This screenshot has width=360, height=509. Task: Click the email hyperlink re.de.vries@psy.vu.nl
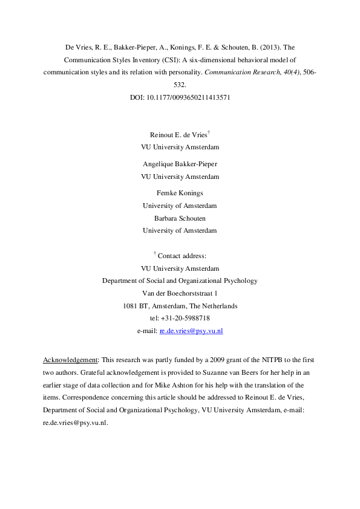click(191, 331)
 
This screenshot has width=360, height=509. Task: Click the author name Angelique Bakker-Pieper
click(180, 164)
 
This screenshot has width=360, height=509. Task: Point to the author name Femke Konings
click(180, 193)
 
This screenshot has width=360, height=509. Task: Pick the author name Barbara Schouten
click(180, 218)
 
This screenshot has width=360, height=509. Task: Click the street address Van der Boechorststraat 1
click(180, 293)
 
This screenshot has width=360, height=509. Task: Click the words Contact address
click(182, 256)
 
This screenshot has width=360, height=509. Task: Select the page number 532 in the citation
click(180, 85)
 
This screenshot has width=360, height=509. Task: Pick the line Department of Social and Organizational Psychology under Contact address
click(180, 280)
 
